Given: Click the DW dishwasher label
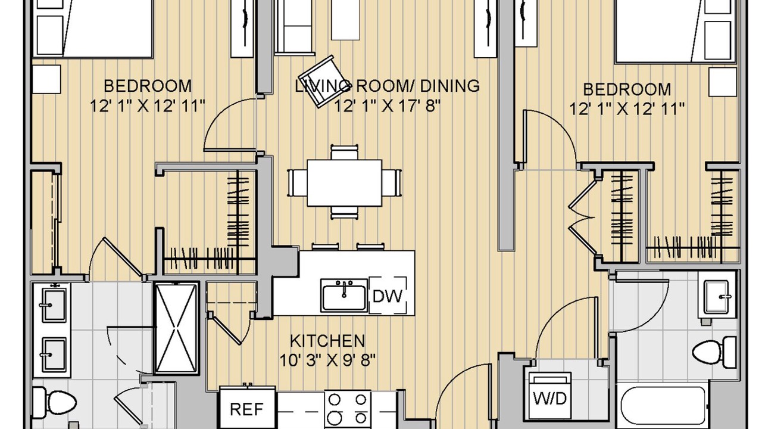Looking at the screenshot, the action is [388, 296].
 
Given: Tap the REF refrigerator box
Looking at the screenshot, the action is [247, 408].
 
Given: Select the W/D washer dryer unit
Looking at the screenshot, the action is [550, 397].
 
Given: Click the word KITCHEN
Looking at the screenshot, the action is [327, 341].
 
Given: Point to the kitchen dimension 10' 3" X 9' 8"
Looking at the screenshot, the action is [327, 360].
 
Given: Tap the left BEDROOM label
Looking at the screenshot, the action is [148, 86].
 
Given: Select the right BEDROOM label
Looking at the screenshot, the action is [627, 89].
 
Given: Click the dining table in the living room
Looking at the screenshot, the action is [344, 183].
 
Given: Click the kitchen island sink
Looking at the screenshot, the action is [344, 296].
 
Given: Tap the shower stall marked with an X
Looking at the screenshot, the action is [177, 328].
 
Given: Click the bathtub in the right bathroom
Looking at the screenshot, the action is [663, 407].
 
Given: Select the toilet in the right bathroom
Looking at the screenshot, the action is [714, 352].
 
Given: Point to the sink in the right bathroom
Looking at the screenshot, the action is [716, 296].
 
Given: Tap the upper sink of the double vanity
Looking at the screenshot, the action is [54, 305].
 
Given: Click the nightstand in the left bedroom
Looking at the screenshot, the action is [46, 79].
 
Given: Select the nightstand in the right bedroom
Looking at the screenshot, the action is [723, 82].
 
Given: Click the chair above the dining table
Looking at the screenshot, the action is [344, 152].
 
